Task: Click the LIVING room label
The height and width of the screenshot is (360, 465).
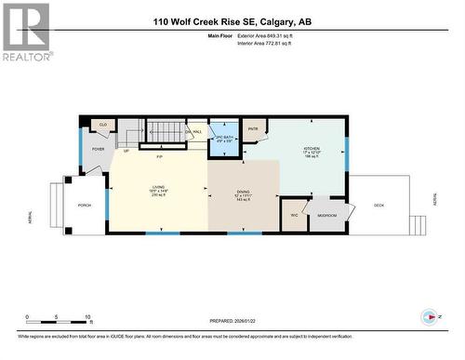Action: (x=158, y=189)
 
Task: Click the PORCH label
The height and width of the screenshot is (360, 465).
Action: (x=84, y=206)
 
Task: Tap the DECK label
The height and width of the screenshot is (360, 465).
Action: (x=379, y=205)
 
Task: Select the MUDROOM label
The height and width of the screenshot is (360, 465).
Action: (x=327, y=214)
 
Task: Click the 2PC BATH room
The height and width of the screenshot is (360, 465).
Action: (x=222, y=140)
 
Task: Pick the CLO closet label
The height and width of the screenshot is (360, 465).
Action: (x=104, y=124)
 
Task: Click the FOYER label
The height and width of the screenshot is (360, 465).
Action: (x=99, y=148)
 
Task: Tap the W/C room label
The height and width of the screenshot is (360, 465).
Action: (x=294, y=215)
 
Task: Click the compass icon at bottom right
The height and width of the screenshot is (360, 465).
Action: (x=430, y=315)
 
